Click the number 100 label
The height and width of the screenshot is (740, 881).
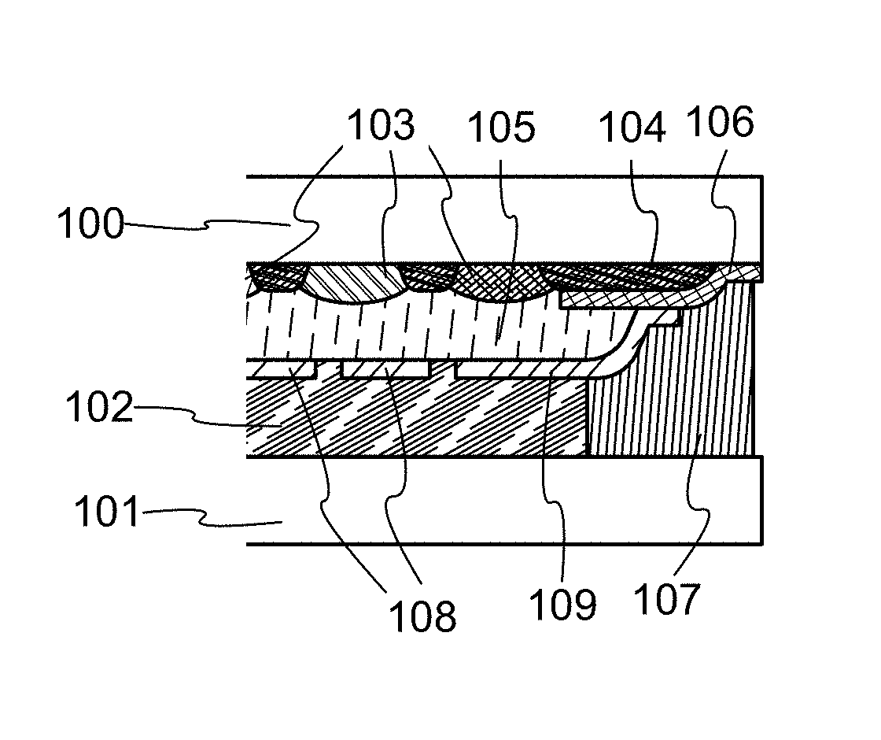click(x=90, y=224)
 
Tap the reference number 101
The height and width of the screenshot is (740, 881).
click(x=106, y=511)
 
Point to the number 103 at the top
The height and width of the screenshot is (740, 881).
click(x=381, y=124)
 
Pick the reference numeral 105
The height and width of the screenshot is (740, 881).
click(x=501, y=127)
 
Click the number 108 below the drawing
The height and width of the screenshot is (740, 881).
click(x=422, y=616)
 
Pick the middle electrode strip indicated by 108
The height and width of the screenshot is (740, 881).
click(x=386, y=369)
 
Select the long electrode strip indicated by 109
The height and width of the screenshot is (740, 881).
click(x=522, y=369)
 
